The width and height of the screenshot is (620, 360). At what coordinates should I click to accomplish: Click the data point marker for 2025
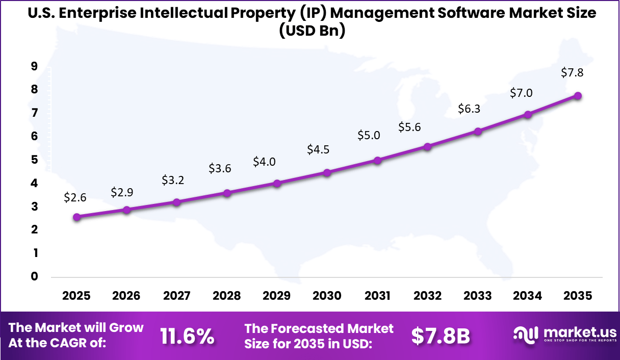[77, 217]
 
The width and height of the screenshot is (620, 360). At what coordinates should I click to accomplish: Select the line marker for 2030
[327, 172]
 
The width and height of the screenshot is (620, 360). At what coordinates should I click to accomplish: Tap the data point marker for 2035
[578, 95]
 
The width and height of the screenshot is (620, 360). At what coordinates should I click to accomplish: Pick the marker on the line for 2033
[478, 131]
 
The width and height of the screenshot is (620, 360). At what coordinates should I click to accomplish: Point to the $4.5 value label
[318, 149]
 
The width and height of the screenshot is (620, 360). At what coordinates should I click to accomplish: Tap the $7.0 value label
[521, 93]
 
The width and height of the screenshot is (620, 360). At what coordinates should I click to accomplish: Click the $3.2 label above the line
[172, 179]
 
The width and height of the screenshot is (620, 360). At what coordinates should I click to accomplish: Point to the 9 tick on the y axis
[34, 66]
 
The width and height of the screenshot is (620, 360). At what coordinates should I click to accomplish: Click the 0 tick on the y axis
[34, 276]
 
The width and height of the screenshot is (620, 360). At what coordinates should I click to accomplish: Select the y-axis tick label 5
[34, 160]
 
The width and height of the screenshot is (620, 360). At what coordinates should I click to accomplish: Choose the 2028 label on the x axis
[227, 296]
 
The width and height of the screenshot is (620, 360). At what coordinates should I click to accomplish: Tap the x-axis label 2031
[377, 296]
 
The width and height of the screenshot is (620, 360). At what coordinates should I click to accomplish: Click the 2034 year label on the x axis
[528, 296]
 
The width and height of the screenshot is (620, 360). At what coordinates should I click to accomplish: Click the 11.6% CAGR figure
[187, 336]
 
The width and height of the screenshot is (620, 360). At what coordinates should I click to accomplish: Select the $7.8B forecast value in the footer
[441, 336]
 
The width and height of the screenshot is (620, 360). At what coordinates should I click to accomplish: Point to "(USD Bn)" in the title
[312, 31]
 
